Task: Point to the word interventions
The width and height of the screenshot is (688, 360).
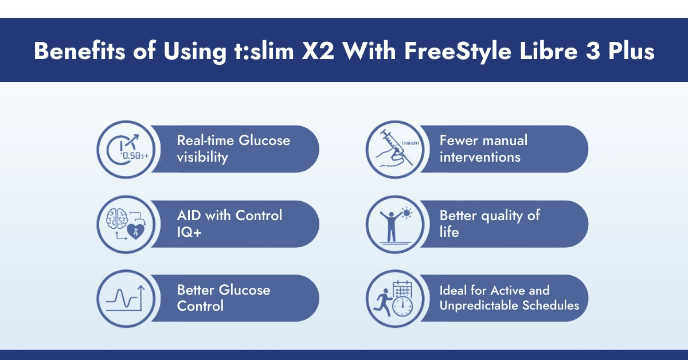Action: click(x=480, y=156)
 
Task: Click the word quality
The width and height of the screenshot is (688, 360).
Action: click(x=504, y=216)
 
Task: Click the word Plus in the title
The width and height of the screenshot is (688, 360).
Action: click(x=631, y=51)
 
